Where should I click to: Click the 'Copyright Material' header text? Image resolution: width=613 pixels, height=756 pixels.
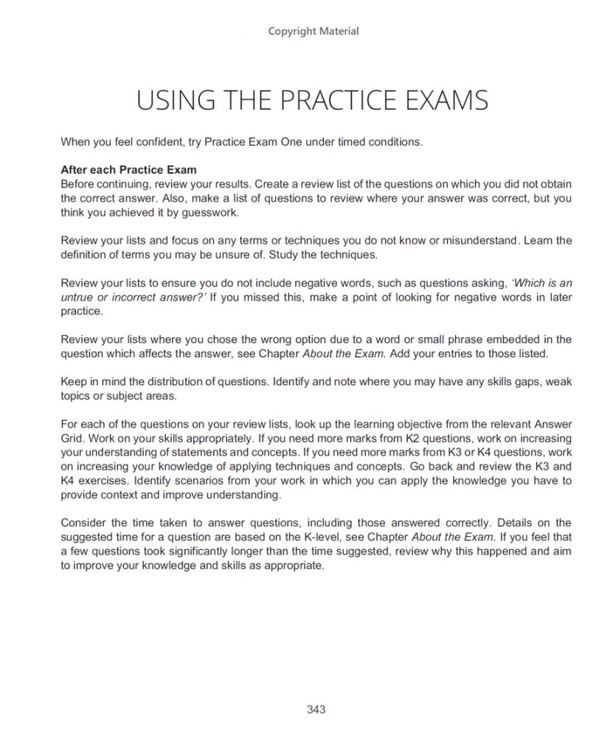pos(314,31)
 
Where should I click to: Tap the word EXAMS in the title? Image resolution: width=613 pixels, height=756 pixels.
pos(446,100)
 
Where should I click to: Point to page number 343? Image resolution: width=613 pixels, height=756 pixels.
pos(316,709)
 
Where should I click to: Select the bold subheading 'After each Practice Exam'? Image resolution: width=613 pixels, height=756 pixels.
pos(128,169)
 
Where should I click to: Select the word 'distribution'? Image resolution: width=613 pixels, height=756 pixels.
pos(159,382)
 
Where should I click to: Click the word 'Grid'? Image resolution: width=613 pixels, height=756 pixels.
pos(72,439)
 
